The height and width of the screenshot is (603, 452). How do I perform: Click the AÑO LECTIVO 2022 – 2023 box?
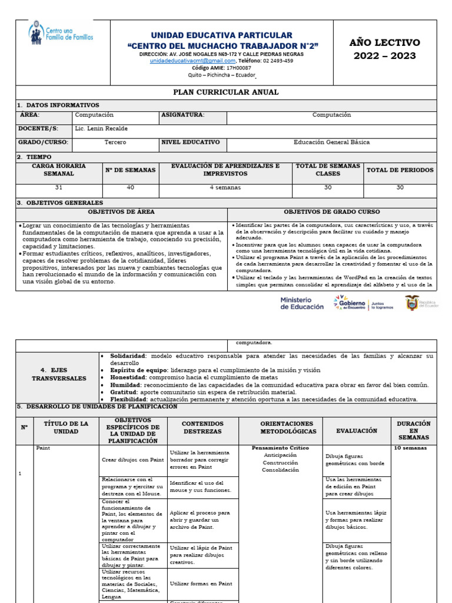tap(385, 49)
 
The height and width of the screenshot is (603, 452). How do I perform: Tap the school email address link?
tap(192, 61)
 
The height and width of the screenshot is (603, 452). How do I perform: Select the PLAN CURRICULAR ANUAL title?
tap(226, 92)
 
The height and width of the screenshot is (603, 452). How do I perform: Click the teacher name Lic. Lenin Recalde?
tap(102, 128)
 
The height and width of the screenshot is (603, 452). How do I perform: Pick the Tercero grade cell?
tap(115, 143)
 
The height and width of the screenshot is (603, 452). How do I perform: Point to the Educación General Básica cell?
tap(331, 143)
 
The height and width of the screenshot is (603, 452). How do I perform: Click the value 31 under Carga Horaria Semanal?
tap(58, 188)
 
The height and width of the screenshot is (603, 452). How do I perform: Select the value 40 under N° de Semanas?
tap(130, 188)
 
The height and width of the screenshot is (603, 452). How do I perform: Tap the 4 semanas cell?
tap(225, 188)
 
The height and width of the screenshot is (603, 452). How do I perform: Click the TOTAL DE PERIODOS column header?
tap(400, 170)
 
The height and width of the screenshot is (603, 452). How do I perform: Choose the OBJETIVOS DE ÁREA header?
tap(121, 212)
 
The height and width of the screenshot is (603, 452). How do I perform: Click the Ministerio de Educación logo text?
tap(301, 303)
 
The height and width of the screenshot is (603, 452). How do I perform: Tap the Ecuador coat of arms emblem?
tap(412, 303)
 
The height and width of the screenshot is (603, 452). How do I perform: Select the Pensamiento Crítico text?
tap(280, 448)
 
